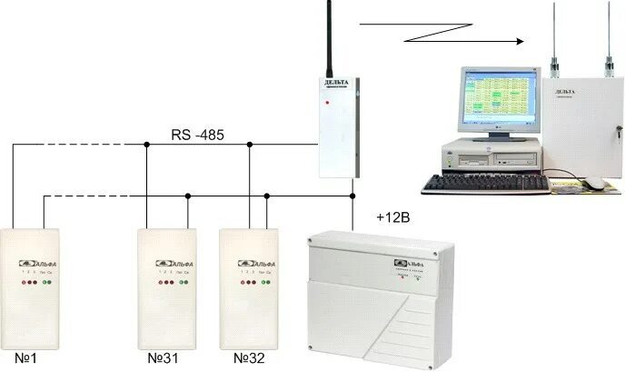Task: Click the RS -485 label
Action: pos(197,136)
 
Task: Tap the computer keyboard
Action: pos(486,184)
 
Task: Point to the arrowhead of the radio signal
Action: pos(521,41)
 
